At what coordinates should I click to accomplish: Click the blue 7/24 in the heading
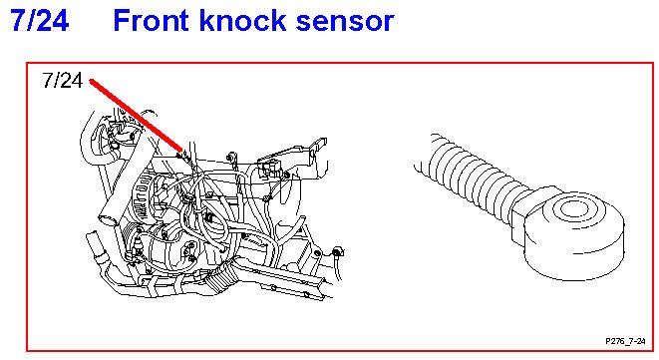click(x=39, y=20)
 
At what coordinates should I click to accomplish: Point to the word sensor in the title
click(x=345, y=23)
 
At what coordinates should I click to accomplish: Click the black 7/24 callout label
click(x=63, y=80)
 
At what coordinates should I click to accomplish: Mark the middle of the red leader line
click(x=137, y=115)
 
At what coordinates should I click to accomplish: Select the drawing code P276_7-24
click(x=625, y=341)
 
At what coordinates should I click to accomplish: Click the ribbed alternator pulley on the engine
click(x=145, y=197)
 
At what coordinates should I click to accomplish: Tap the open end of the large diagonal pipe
click(x=107, y=219)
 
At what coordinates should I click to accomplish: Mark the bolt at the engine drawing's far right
click(x=336, y=252)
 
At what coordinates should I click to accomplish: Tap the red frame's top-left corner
click(x=27, y=63)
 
